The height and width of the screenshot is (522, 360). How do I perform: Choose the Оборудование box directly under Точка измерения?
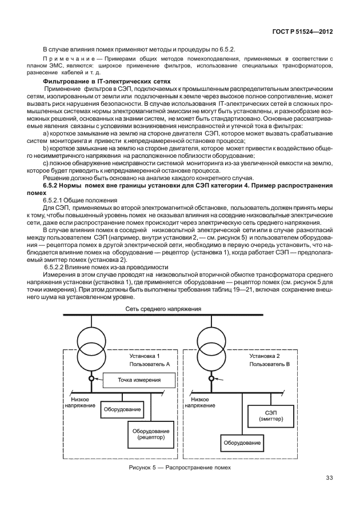[122, 409]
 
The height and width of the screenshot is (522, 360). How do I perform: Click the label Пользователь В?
[269, 363]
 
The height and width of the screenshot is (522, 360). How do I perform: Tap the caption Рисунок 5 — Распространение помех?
[180, 468]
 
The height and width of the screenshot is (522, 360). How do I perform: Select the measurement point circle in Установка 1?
[91, 378]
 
